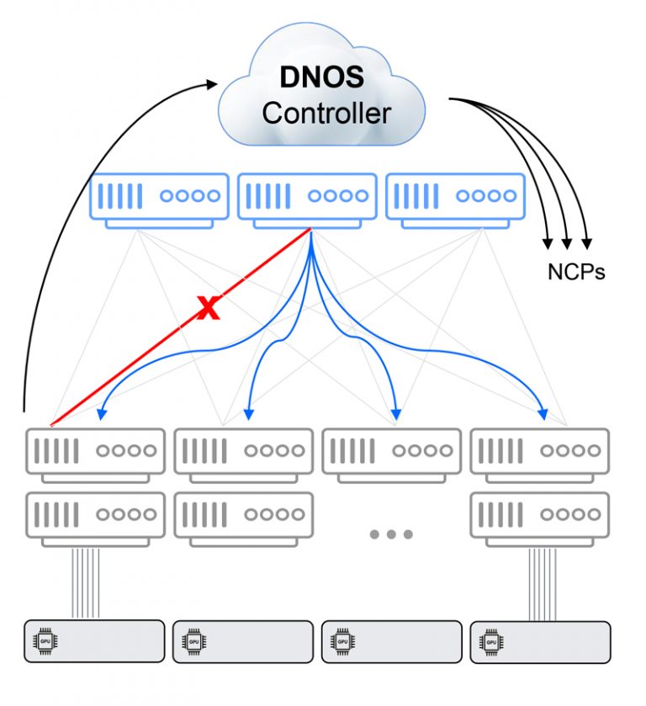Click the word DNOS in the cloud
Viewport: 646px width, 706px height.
pos(322,77)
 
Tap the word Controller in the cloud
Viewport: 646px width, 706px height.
pos(326,113)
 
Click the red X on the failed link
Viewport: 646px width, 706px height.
pos(208,309)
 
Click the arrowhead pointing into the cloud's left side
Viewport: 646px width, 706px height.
pos(211,82)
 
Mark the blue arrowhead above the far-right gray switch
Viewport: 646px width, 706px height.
pos(543,414)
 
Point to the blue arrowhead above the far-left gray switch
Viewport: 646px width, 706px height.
pos(101,413)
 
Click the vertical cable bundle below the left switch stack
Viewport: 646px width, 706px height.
pos(86,582)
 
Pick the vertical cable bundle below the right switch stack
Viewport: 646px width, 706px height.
pos(543,582)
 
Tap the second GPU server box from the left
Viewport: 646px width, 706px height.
pos(243,642)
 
